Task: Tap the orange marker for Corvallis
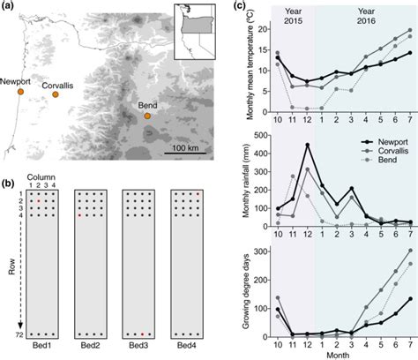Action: tap(56, 94)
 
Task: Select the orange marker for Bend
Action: tap(146, 116)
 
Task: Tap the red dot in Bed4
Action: tap(199, 193)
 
